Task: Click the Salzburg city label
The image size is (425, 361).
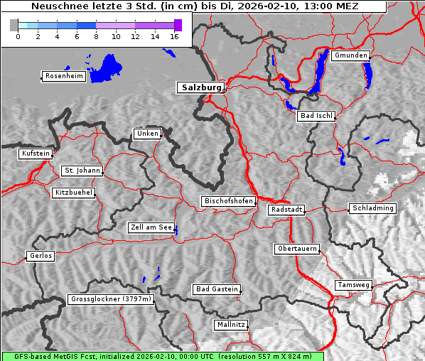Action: (x=200, y=87)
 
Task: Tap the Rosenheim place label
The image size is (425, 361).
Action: (x=63, y=76)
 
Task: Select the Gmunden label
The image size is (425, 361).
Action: (x=350, y=55)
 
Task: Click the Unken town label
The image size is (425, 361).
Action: (x=146, y=134)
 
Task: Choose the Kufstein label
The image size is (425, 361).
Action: (x=36, y=153)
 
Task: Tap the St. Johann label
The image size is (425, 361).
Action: (x=82, y=171)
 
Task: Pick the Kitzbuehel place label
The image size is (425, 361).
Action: (x=73, y=193)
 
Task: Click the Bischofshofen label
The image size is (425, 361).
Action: (x=228, y=202)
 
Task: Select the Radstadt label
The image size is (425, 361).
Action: (x=286, y=210)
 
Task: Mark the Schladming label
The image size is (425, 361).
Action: (x=372, y=208)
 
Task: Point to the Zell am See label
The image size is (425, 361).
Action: (x=151, y=227)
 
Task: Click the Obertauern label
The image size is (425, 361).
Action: (x=296, y=249)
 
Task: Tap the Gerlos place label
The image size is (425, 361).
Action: (x=40, y=256)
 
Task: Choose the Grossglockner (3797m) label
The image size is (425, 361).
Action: (x=111, y=300)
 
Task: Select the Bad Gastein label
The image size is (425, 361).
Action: (x=217, y=289)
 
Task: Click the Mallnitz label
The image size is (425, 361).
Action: (x=231, y=325)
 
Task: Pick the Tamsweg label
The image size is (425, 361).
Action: (x=353, y=285)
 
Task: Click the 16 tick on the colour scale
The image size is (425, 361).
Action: (x=174, y=36)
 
